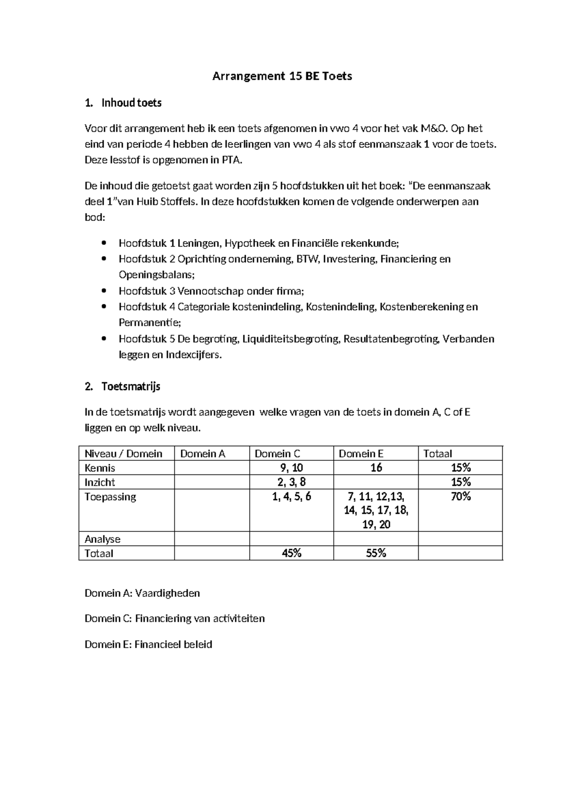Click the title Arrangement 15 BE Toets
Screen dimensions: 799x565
[282, 76]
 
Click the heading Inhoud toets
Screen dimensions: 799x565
[131, 103]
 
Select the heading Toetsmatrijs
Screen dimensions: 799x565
[131, 386]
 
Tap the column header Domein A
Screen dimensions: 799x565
[203, 454]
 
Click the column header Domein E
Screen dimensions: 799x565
[361, 454]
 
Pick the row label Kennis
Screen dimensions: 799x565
[100, 468]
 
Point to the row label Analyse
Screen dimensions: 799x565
[102, 539]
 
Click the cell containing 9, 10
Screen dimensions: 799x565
[291, 468]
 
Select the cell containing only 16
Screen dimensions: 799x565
[376, 468]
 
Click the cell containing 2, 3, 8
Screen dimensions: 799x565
[291, 482]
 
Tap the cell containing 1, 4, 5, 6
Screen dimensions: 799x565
[291, 496]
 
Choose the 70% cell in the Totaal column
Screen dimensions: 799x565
[460, 496]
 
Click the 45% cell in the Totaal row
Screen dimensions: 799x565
[291, 553]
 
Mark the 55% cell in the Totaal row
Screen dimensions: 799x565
[376, 553]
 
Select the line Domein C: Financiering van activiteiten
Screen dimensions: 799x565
[175, 618]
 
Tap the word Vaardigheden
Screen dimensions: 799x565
[168, 593]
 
